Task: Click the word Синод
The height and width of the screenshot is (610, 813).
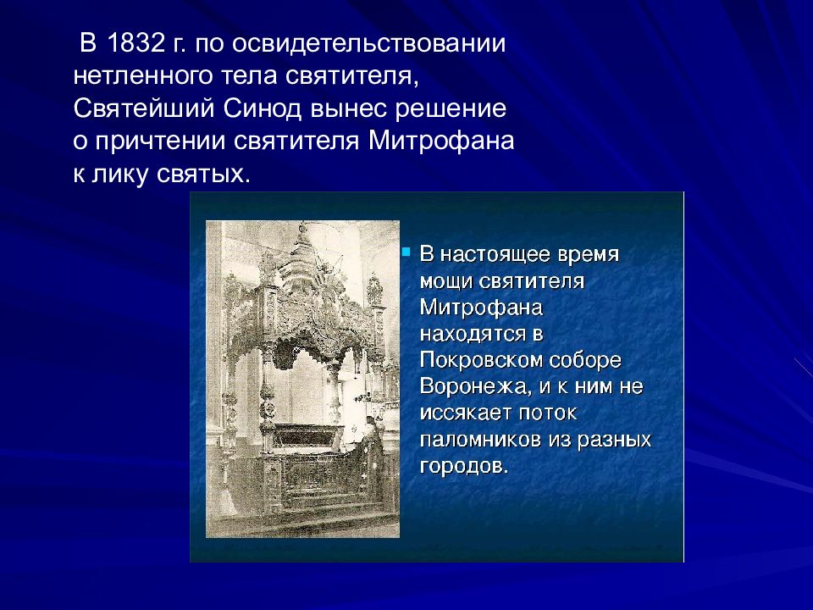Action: coord(263,109)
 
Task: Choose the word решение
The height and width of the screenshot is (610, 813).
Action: coord(451,110)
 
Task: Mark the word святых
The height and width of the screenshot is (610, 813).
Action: coord(202,175)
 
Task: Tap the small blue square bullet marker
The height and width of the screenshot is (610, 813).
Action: coord(406,252)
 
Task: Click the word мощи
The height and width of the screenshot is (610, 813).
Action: coord(445,282)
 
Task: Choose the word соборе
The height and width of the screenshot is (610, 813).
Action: coord(585,361)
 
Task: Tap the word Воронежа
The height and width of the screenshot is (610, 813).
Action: coord(474,387)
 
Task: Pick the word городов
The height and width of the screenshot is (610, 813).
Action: coord(463,466)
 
